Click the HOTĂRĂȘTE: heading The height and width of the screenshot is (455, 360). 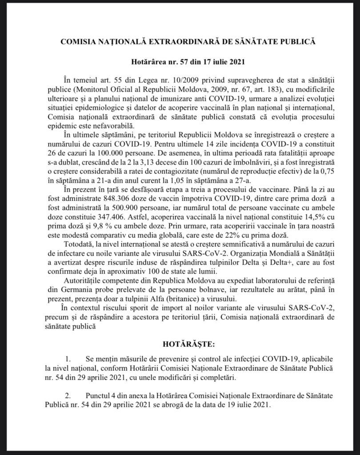point(180,343)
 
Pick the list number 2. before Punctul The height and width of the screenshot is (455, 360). point(68,395)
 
